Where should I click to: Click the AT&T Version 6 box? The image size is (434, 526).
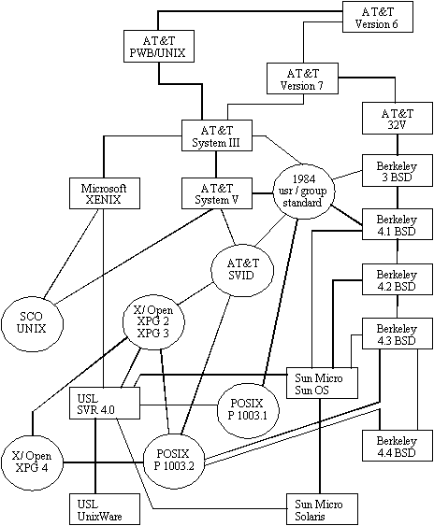(378, 17)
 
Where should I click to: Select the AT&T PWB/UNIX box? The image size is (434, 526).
(159, 47)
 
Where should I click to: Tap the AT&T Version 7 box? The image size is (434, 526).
(302, 78)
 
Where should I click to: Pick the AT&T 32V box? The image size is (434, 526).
(398, 119)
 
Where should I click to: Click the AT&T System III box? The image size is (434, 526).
(217, 135)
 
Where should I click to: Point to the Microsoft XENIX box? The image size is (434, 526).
(105, 193)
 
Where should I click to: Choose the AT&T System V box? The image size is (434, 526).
(217, 193)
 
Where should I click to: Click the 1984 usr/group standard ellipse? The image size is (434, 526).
(303, 191)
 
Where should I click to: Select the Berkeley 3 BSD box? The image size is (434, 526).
(398, 170)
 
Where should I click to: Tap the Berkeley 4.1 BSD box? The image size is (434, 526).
(398, 224)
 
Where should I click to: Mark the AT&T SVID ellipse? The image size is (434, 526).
(242, 269)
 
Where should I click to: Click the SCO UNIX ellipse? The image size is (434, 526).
(32, 323)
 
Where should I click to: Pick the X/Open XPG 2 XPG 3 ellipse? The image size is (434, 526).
(153, 322)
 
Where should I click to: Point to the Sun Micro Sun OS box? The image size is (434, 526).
(322, 383)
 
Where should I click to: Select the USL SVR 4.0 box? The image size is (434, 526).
(105, 404)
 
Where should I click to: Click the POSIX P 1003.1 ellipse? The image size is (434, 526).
(248, 410)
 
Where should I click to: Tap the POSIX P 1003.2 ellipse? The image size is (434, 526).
(174, 460)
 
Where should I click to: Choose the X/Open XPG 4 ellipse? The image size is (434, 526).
(32, 462)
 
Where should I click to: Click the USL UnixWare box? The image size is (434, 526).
(105, 509)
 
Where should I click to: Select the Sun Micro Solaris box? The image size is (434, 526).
(322, 509)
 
